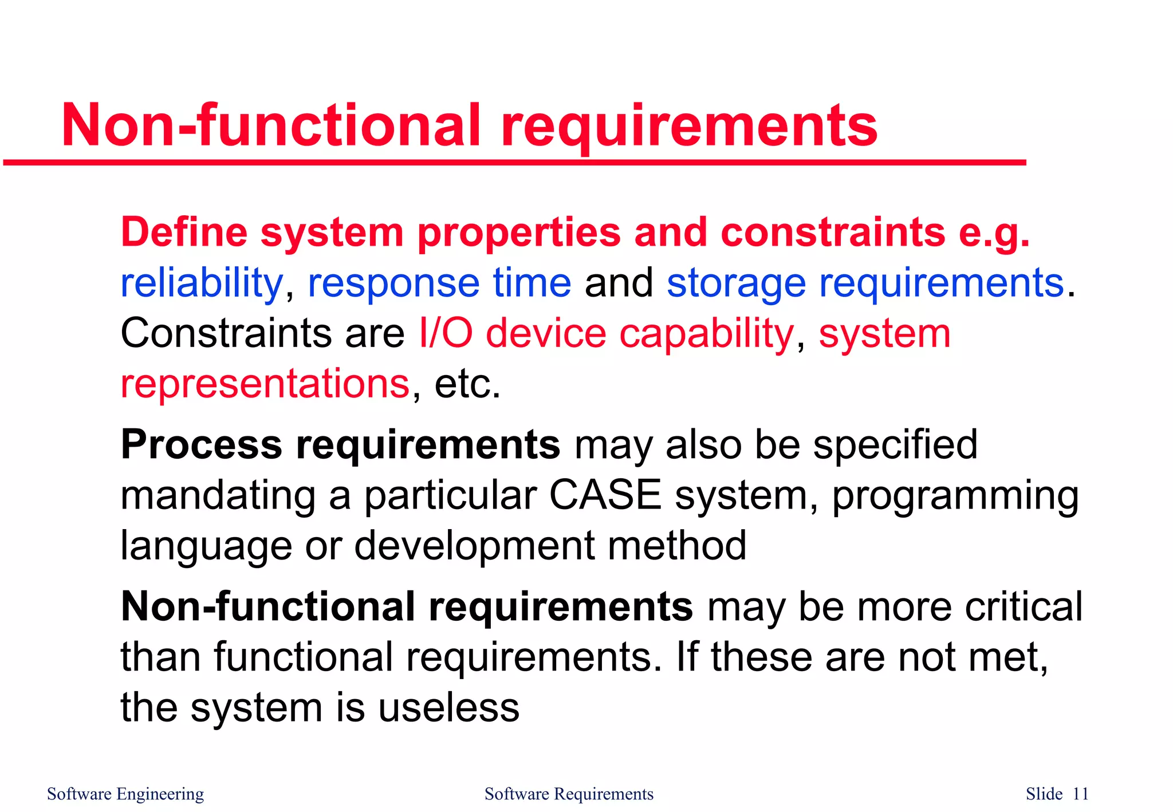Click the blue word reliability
(201, 283)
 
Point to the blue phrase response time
(439, 283)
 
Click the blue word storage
(737, 283)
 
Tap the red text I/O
(446, 333)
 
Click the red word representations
(265, 384)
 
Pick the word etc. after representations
(467, 384)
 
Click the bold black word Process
(201, 445)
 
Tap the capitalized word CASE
(605, 495)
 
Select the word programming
(955, 496)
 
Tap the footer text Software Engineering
(125, 794)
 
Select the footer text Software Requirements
(568, 794)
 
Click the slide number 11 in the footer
(1080, 794)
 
